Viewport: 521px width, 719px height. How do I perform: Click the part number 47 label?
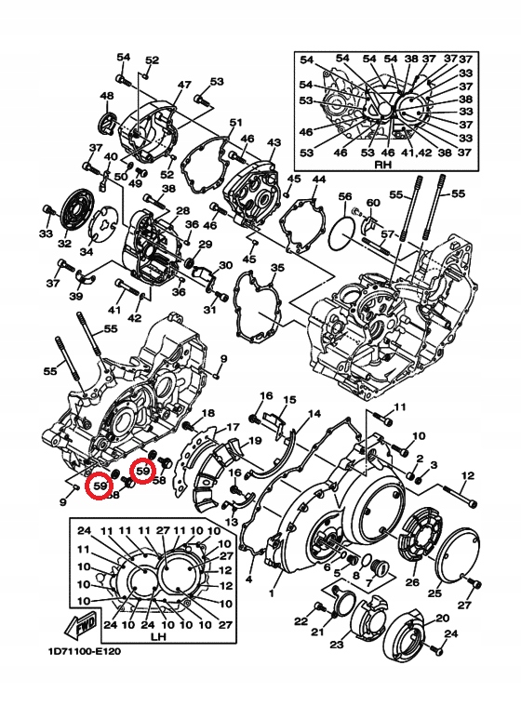[x=184, y=85]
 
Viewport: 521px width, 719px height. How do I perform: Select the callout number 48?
[x=107, y=96]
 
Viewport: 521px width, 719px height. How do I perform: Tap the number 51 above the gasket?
[x=235, y=123]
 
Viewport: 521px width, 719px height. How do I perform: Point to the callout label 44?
[x=319, y=179]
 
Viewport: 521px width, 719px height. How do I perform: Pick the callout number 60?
[x=373, y=203]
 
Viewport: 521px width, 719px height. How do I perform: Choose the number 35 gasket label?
[x=276, y=269]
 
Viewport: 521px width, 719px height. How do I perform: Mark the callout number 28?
[x=182, y=211]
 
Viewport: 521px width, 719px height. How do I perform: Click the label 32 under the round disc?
[x=64, y=244]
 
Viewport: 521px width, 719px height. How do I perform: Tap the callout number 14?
[x=314, y=414]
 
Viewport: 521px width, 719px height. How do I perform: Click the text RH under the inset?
[x=380, y=164]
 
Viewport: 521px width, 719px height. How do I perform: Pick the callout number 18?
[x=207, y=413]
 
